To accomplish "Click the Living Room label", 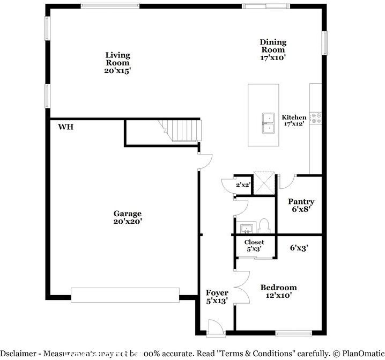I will coord(117,62).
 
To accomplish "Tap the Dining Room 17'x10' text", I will coord(273,49).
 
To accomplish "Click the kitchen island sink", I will coord(266,123).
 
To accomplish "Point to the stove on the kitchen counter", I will coord(316,117).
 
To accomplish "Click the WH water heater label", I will coord(66,127).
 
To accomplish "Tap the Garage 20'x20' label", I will coord(128,217).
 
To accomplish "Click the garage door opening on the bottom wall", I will coord(125,295).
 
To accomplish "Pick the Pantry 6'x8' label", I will coord(301,205).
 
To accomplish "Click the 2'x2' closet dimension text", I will coord(243,185).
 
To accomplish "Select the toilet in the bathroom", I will coord(263,225).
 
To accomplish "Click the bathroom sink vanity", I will coord(246,229).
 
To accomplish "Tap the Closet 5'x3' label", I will coord(254,246).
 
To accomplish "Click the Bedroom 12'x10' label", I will coord(278,291).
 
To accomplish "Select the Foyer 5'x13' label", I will coord(217,297).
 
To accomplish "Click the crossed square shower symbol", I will coord(264,181).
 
